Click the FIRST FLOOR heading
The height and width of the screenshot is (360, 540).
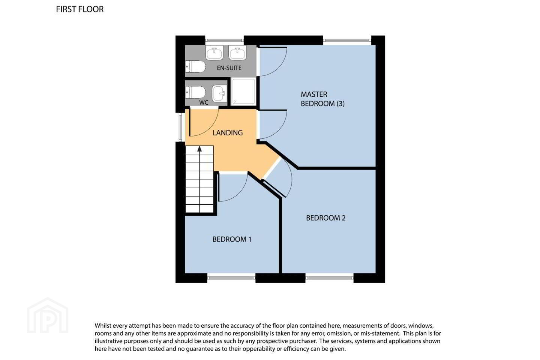pyautogui.click(x=80, y=9)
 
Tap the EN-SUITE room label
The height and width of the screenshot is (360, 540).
pyautogui.click(x=229, y=68)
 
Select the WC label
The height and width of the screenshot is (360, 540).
pyautogui.click(x=204, y=102)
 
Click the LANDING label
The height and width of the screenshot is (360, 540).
pyautogui.click(x=227, y=133)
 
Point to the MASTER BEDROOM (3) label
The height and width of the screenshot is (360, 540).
pyautogui.click(x=322, y=99)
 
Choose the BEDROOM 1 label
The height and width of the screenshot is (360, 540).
pyautogui.click(x=232, y=239)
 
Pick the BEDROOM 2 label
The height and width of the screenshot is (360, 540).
pyautogui.click(x=325, y=218)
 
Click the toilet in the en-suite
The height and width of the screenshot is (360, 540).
pyautogui.click(x=195, y=66)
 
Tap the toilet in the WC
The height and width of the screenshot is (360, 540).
pyautogui.click(x=195, y=92)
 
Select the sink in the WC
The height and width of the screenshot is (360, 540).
pyautogui.click(x=219, y=93)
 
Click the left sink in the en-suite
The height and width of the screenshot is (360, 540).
pyautogui.click(x=214, y=52)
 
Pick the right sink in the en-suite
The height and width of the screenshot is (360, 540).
pyautogui.click(x=237, y=52)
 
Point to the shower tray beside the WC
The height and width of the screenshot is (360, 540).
pyautogui.click(x=243, y=91)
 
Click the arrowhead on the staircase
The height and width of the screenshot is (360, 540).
pyautogui.click(x=199, y=149)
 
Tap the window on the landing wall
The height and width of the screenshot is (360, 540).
pyautogui.click(x=180, y=127)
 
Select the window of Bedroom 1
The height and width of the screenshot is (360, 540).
pyautogui.click(x=231, y=278)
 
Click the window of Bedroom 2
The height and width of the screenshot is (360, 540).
pyautogui.click(x=329, y=278)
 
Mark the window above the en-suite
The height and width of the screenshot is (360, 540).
pyautogui.click(x=224, y=40)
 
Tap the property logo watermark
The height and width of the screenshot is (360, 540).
pyautogui.click(x=48, y=315)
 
